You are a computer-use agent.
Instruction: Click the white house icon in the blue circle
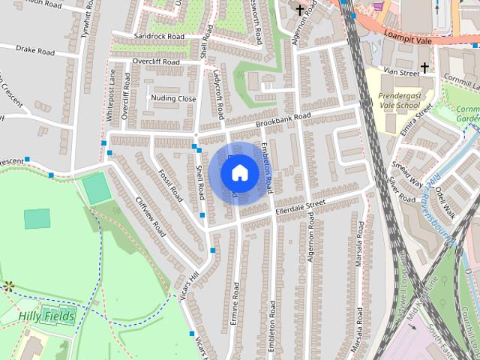(x=239, y=173)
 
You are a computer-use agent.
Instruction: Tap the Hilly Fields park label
(x=47, y=317)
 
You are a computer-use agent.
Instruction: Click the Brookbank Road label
(x=282, y=118)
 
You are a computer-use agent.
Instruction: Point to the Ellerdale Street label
(x=300, y=205)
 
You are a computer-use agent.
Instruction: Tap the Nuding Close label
(x=173, y=98)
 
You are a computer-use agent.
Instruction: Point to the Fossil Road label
(x=171, y=185)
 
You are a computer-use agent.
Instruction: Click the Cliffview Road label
(x=150, y=217)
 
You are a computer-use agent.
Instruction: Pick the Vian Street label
(x=400, y=73)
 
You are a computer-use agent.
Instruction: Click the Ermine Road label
(x=235, y=304)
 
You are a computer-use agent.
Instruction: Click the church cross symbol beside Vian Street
(x=424, y=68)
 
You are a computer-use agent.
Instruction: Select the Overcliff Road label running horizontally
(x=156, y=61)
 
